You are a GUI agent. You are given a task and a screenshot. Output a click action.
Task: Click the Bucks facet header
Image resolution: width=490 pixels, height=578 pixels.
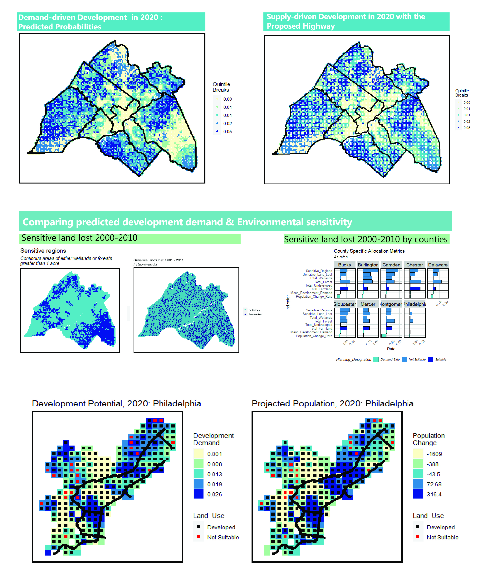point(345,265)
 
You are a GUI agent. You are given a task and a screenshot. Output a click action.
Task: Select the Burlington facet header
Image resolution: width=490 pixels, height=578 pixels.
point(368,265)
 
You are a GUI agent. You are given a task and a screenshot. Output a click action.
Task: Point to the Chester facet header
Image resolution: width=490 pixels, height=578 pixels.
point(414,265)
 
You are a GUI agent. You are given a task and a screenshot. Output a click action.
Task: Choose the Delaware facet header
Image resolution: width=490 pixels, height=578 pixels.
point(438,265)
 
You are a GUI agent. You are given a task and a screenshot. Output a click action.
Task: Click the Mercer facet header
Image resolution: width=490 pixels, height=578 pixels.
point(368,304)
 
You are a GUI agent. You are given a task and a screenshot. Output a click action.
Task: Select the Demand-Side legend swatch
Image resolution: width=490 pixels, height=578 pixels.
point(376,359)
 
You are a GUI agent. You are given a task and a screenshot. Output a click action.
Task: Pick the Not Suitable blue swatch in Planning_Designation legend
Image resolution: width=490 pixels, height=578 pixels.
point(404,359)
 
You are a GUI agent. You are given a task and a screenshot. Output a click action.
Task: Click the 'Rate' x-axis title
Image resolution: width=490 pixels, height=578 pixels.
point(391,349)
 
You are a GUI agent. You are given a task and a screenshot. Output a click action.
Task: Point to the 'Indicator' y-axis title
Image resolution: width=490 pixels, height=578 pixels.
point(288,303)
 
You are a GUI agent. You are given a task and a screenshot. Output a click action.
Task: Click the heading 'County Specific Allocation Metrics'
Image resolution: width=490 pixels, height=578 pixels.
point(369,251)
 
